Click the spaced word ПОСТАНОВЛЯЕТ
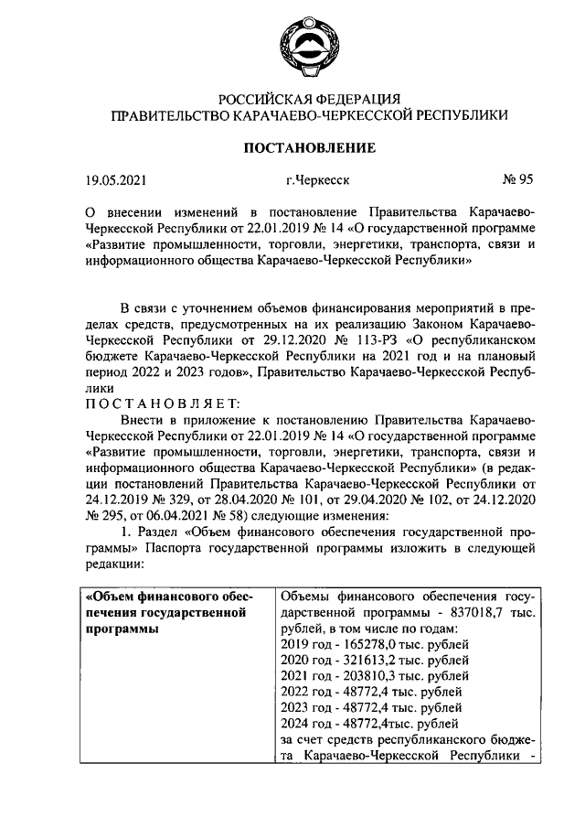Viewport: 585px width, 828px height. click(161, 402)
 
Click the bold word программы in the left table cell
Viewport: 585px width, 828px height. click(118, 629)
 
